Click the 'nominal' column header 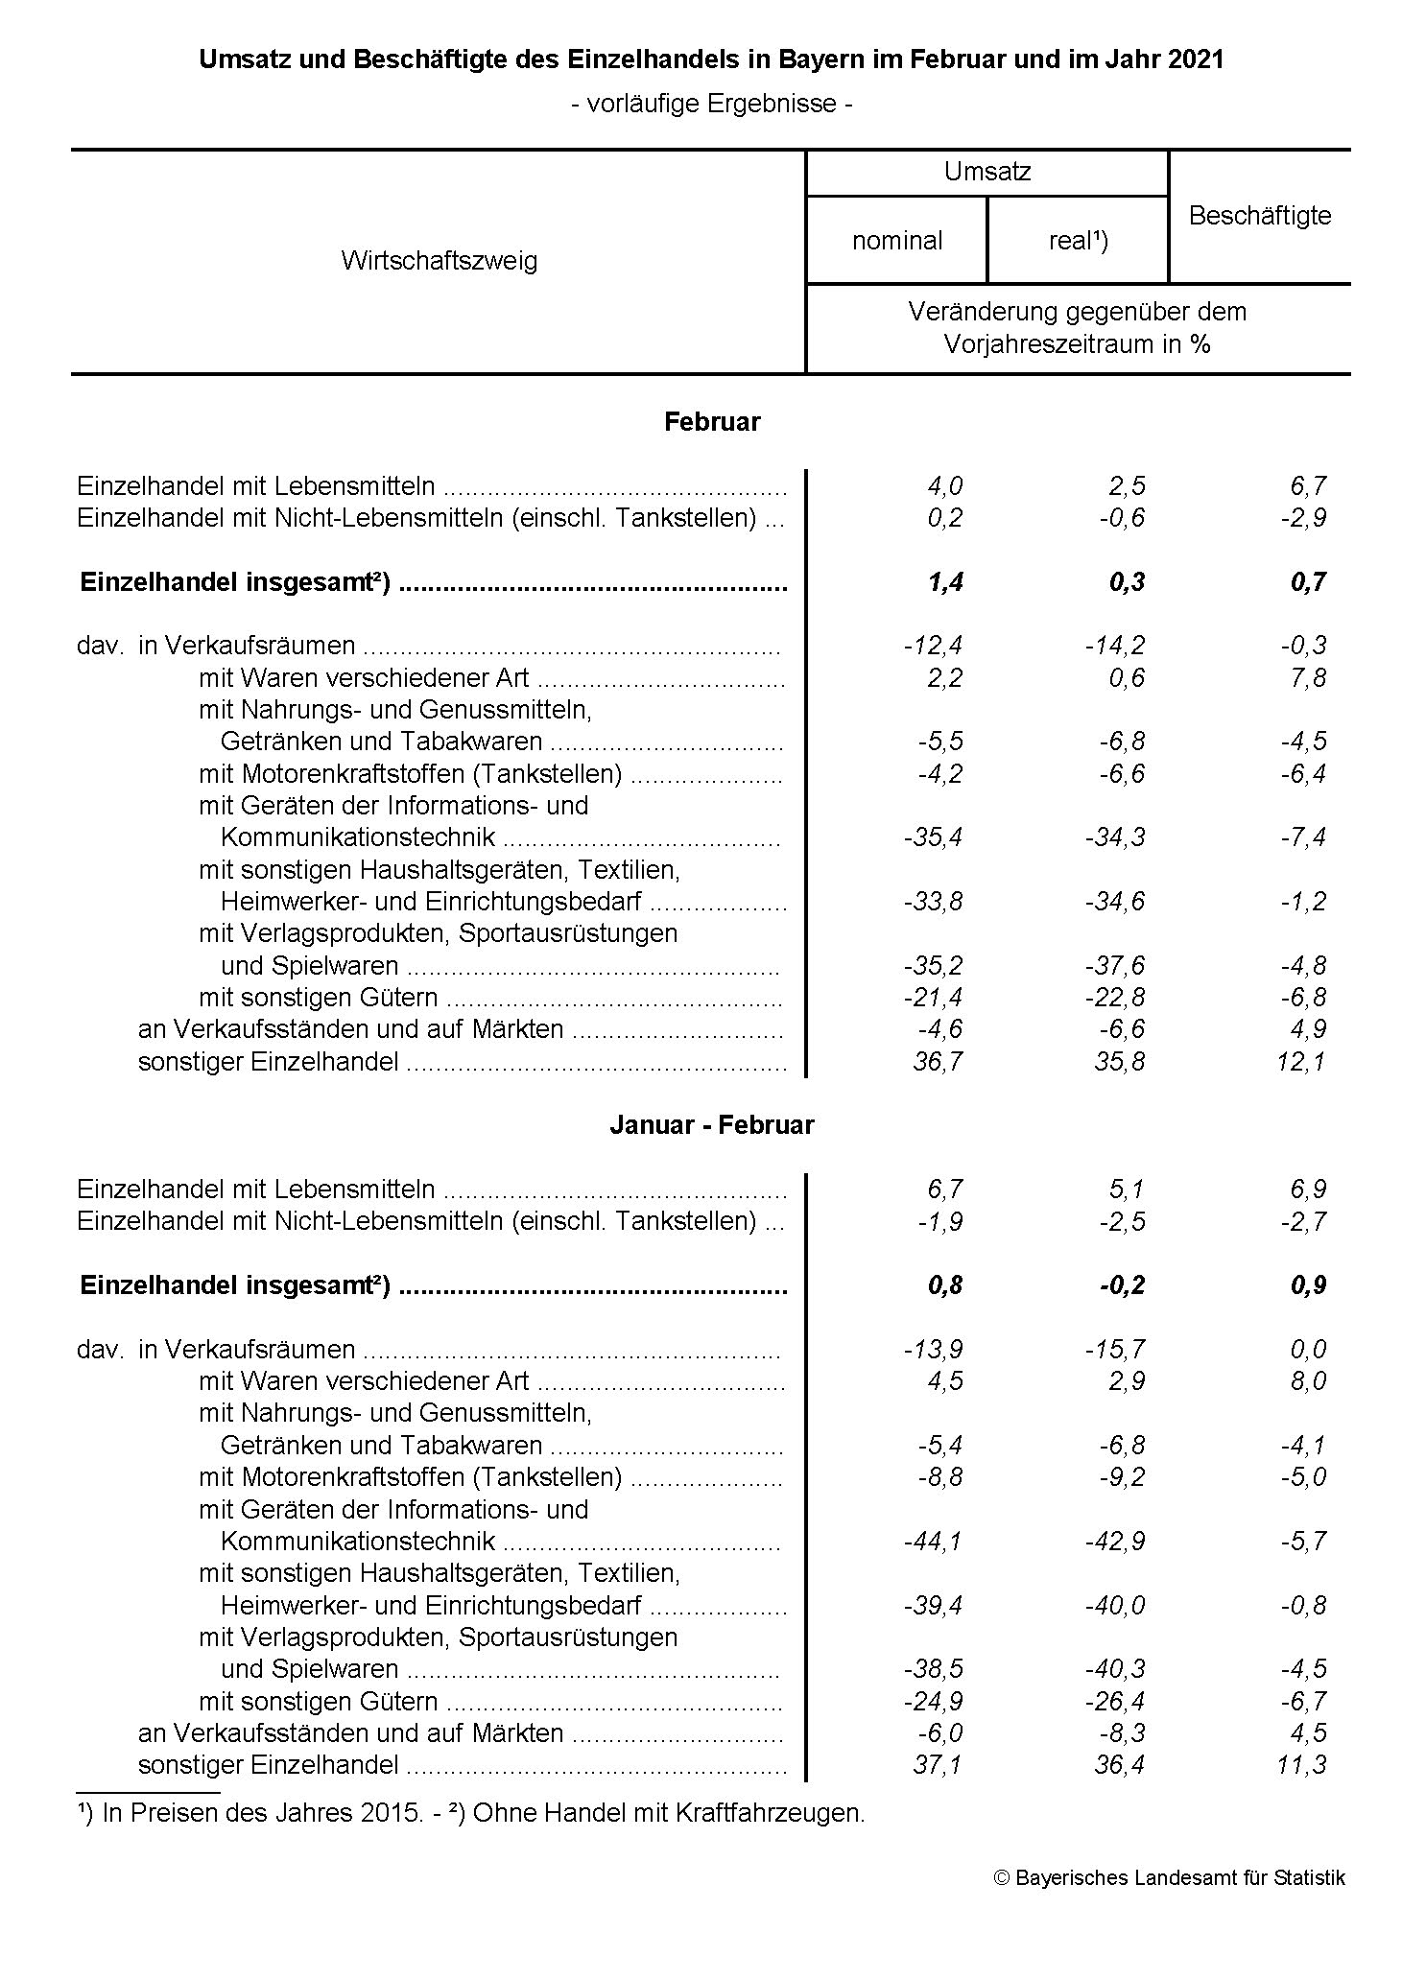[896, 241]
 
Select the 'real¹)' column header [1078, 241]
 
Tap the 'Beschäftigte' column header [1259, 216]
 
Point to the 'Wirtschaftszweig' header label [439, 261]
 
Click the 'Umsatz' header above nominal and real [986, 172]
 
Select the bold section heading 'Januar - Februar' [711, 1125]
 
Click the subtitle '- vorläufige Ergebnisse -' [711, 104]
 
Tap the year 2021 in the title [1196, 59]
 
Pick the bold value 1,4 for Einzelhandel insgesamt [944, 582]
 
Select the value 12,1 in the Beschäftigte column [1302, 1062]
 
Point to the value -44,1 [934, 1542]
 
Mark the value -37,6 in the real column [1115, 966]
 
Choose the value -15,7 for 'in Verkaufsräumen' [1115, 1350]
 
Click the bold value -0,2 [1122, 1285]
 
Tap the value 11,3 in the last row [1302, 1765]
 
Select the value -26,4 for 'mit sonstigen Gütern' [1115, 1702]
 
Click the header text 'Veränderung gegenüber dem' [1077, 312]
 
